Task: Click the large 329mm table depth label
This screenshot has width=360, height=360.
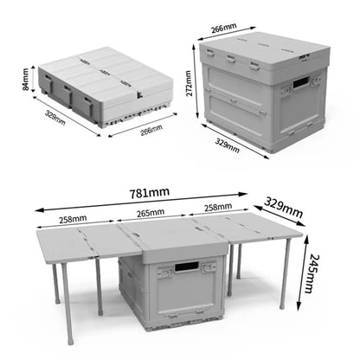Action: point(283,208)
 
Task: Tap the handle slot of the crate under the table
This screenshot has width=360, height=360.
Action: point(183,271)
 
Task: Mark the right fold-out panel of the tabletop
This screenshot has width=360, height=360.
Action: point(251,228)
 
